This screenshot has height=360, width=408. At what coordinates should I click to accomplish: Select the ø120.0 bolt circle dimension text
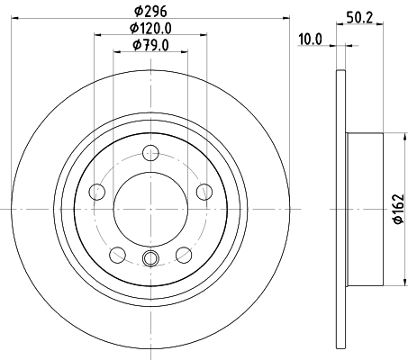[151, 28]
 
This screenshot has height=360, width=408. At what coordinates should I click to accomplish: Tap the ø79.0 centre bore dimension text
[151, 45]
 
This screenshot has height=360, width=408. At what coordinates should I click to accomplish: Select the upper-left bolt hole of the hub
[97, 190]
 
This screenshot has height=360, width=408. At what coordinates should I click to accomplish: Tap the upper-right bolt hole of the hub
[204, 190]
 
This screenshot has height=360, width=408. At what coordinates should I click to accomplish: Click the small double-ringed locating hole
[151, 260]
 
